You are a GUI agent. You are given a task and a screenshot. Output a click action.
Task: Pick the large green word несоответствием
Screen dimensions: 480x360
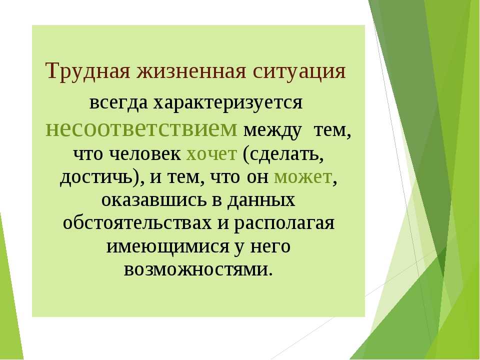(x=141, y=129)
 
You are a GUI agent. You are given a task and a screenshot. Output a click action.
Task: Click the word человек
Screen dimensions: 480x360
(x=145, y=154)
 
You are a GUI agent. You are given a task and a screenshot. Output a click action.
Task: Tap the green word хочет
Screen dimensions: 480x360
(x=211, y=154)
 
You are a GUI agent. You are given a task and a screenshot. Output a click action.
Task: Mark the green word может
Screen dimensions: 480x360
(x=303, y=177)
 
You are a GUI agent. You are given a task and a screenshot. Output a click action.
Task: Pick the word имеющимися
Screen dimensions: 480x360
(x=167, y=246)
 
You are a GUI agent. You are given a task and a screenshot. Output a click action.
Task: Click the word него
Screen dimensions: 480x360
(x=270, y=246)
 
